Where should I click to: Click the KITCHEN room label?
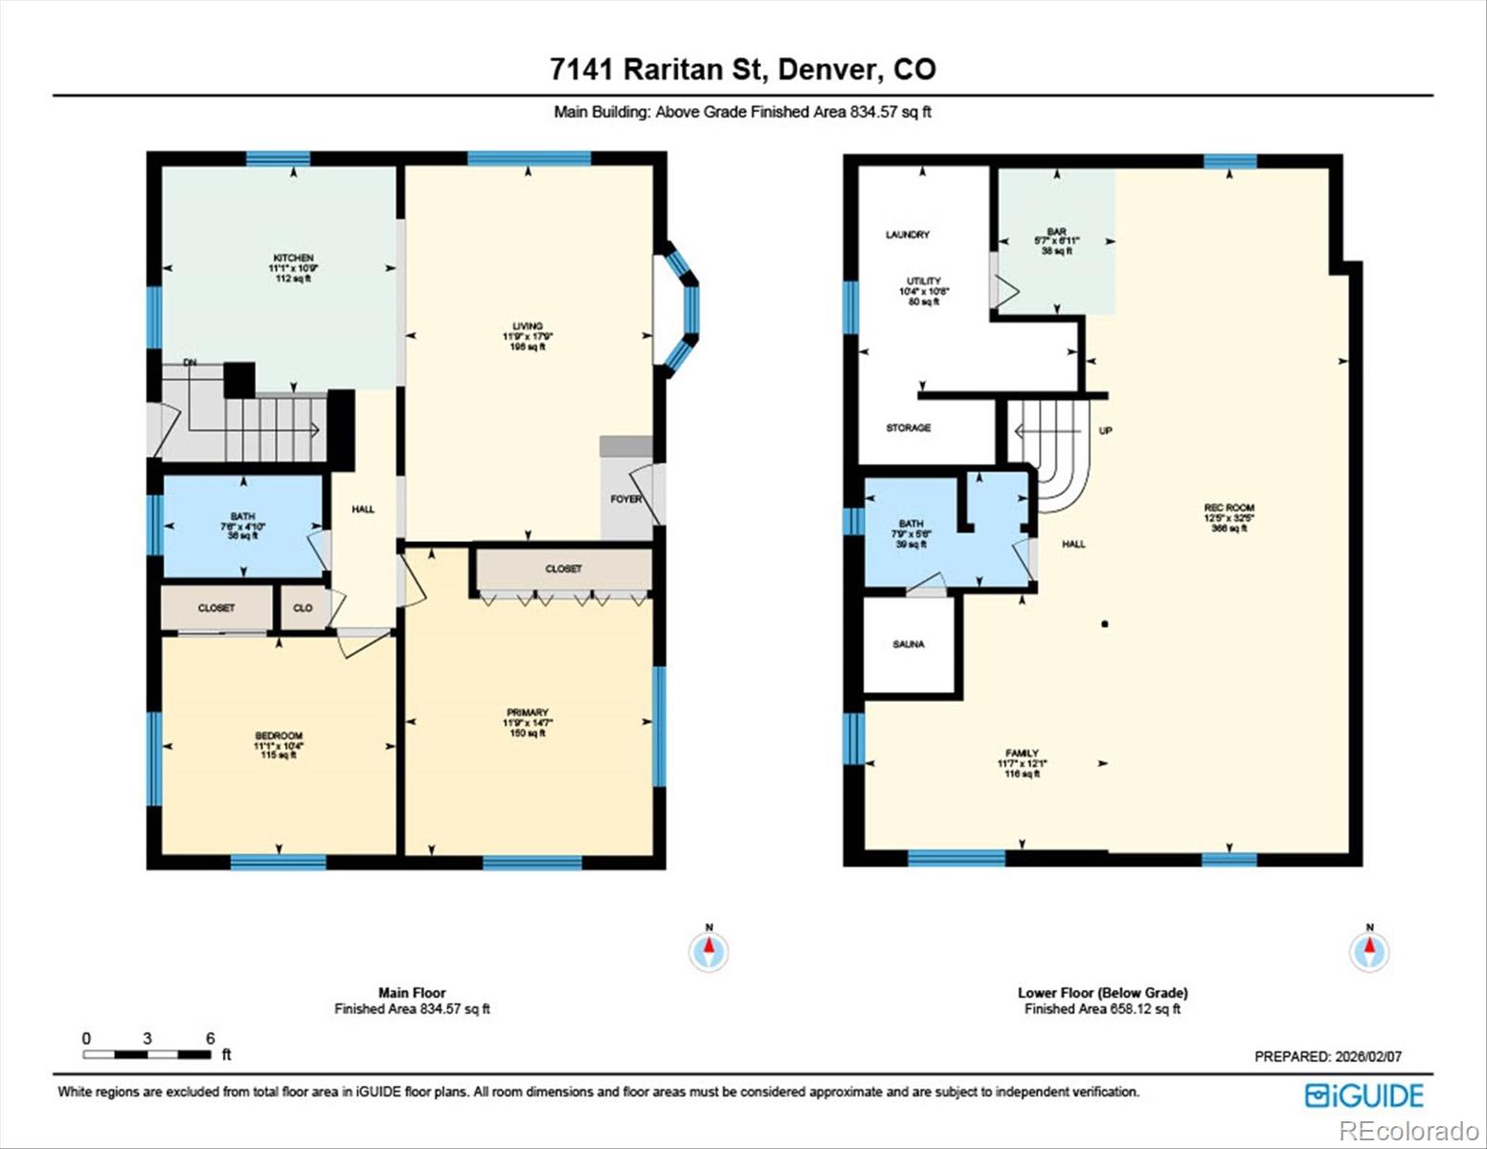(293, 259)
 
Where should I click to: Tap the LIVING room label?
(528, 327)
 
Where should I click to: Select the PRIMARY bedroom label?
(528, 712)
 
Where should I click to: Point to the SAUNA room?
(909, 644)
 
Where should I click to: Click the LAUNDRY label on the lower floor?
(907, 235)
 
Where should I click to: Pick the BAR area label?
(1056, 232)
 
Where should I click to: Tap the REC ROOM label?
(1228, 508)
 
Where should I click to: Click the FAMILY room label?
(1022, 754)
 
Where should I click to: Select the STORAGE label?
(908, 428)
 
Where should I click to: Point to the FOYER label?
(626, 499)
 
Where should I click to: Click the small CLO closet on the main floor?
(303, 608)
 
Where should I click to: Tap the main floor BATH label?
(242, 517)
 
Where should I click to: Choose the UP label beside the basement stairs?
(1106, 431)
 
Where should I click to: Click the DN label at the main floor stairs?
(190, 363)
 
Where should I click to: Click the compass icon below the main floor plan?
(709, 951)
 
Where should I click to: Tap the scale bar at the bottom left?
(147, 1054)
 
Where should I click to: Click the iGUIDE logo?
(1364, 1095)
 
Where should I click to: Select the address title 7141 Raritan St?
(742, 69)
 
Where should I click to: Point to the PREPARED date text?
(1327, 1056)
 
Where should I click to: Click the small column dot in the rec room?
(1105, 624)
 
